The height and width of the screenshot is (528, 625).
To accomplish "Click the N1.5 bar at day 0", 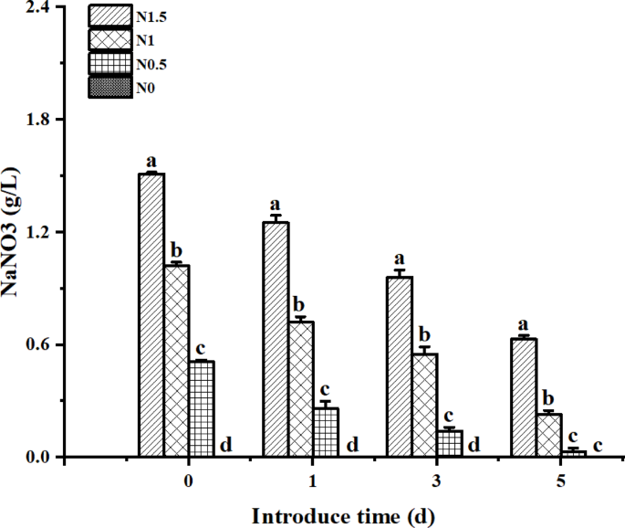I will click(x=151, y=315).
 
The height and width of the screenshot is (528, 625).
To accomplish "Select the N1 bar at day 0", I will click(x=176, y=361).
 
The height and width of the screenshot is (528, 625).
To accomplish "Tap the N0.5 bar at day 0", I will click(x=201, y=409).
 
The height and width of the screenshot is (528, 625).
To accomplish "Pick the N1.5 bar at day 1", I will click(x=276, y=339).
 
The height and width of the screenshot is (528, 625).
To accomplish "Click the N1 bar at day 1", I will click(x=300, y=389).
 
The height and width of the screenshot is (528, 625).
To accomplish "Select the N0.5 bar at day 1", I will click(x=325, y=432).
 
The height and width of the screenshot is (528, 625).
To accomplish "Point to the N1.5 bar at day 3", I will click(x=400, y=366).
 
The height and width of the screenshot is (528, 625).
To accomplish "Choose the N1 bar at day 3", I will click(x=424, y=405).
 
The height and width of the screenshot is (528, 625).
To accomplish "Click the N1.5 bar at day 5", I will click(x=524, y=397).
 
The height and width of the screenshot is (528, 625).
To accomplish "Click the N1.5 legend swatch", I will click(x=110, y=16).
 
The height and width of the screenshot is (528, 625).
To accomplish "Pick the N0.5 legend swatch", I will click(x=110, y=63).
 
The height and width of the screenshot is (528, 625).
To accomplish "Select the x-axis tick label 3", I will click(x=436, y=481).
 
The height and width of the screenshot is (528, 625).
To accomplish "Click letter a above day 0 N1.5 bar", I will click(x=151, y=161).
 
